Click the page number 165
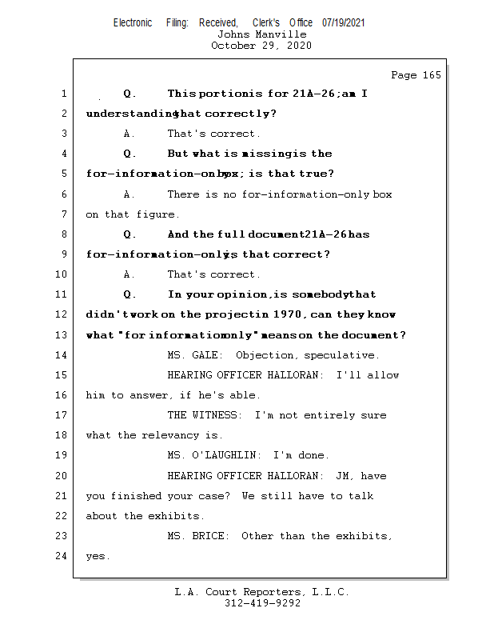pyautogui.click(x=431, y=75)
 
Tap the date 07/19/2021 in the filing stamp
pyautogui.click(x=344, y=23)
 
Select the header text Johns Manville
pyautogui.click(x=261, y=34)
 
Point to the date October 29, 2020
pyautogui.click(x=261, y=46)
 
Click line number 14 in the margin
pyautogui.click(x=62, y=355)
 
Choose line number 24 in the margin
pyautogui.click(x=62, y=556)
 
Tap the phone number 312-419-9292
pyautogui.click(x=262, y=604)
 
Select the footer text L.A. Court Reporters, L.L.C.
pyautogui.click(x=261, y=593)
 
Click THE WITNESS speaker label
pyautogui.click(x=205, y=415)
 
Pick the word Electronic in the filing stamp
pyautogui.click(x=133, y=23)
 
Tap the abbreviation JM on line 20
pyautogui.click(x=343, y=476)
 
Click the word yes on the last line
pyautogui.click(x=96, y=557)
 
